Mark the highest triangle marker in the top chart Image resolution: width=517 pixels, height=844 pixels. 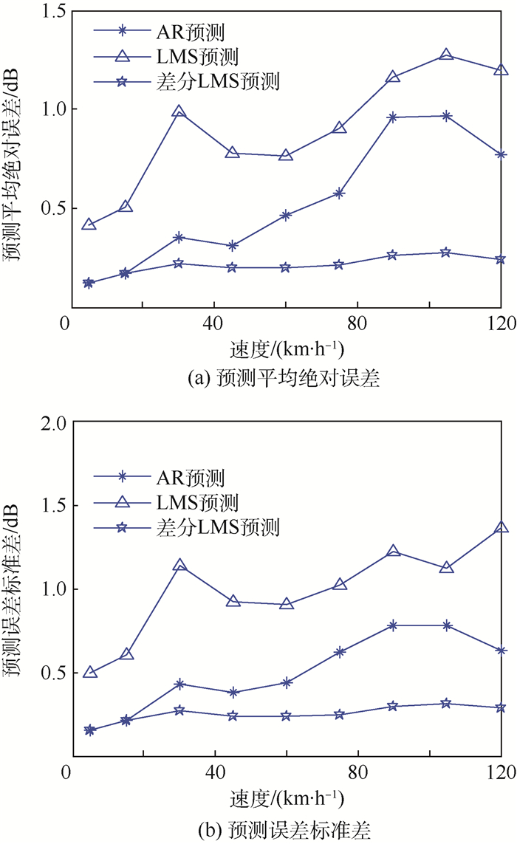pyautogui.click(x=446, y=55)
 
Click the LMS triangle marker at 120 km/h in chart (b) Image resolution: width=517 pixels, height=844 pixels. pyautogui.click(x=501, y=528)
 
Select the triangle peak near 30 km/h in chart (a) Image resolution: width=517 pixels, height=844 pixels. pyautogui.click(x=179, y=112)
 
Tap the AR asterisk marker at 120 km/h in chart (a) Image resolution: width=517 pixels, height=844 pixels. pyautogui.click(x=501, y=154)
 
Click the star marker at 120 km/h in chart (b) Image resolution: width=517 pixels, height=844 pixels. pyautogui.click(x=501, y=707)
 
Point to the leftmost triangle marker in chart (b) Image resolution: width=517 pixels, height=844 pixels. pyautogui.click(x=90, y=673)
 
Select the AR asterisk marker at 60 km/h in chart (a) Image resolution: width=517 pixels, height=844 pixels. pyautogui.click(x=286, y=215)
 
